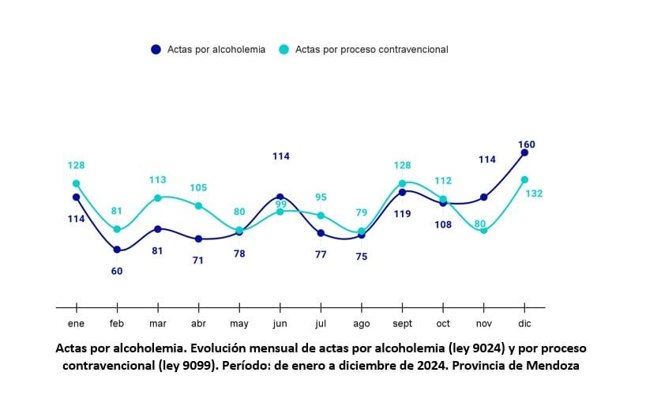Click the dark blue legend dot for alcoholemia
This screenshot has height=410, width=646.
pos(156,49)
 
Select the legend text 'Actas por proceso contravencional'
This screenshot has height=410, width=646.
pos(371,49)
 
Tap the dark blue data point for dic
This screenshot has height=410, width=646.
pos(524,152)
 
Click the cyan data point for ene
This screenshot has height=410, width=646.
pos(77,183)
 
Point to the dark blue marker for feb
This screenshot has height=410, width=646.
pos(117,250)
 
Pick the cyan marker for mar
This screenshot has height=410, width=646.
pos(158,197)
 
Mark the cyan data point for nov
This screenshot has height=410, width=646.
pos(483,231)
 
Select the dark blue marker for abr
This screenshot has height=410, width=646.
pos(199,239)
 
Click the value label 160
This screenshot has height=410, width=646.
pos(527,145)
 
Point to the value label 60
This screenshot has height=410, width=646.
pos(117,271)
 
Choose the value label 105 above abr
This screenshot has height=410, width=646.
pos(198,187)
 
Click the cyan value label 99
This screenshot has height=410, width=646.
pos(280,205)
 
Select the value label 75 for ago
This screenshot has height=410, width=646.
pos(362,256)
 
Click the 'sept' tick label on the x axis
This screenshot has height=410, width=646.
pos(402,324)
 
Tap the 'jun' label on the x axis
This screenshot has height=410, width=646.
pos(280,324)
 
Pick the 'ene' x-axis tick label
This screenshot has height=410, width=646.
pos(77,324)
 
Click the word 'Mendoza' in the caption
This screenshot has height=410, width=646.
pos(554,366)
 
